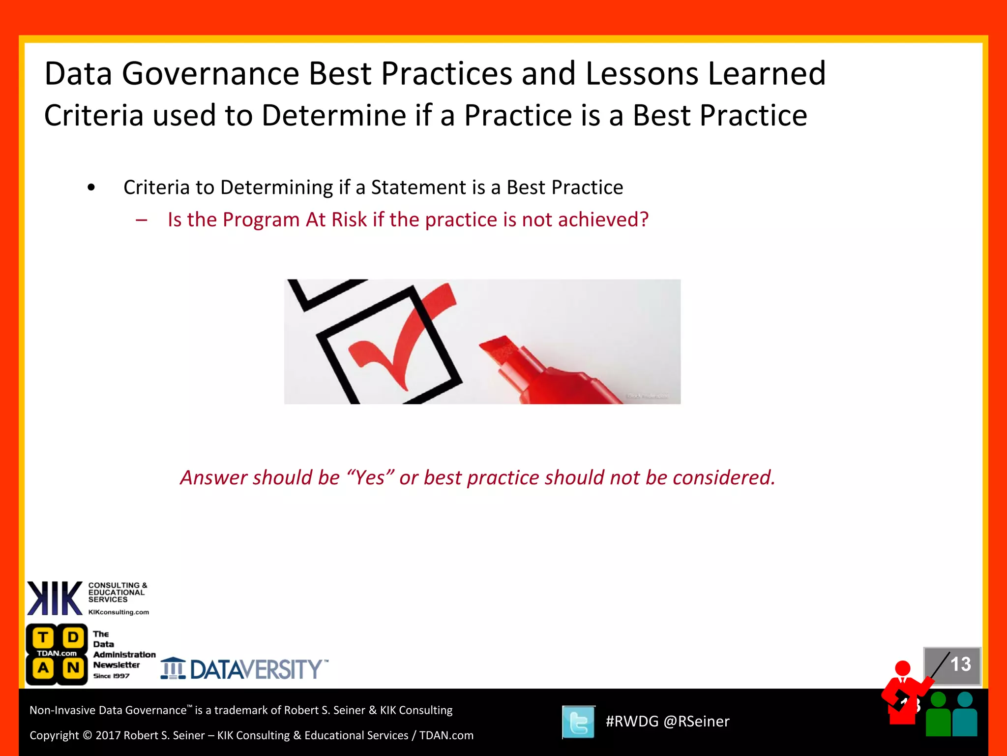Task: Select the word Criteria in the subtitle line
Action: pyautogui.click(x=94, y=116)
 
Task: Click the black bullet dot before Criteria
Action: pyautogui.click(x=91, y=188)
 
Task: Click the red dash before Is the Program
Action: pyautogui.click(x=142, y=220)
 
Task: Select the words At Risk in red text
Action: pyautogui.click(x=336, y=220)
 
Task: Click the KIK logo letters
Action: pyautogui.click(x=55, y=598)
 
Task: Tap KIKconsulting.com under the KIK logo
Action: pyautogui.click(x=118, y=612)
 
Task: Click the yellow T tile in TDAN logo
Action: pyautogui.click(x=43, y=637)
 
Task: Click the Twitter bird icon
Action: pyautogui.click(x=579, y=722)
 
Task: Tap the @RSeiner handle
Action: pyautogui.click(x=696, y=722)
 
